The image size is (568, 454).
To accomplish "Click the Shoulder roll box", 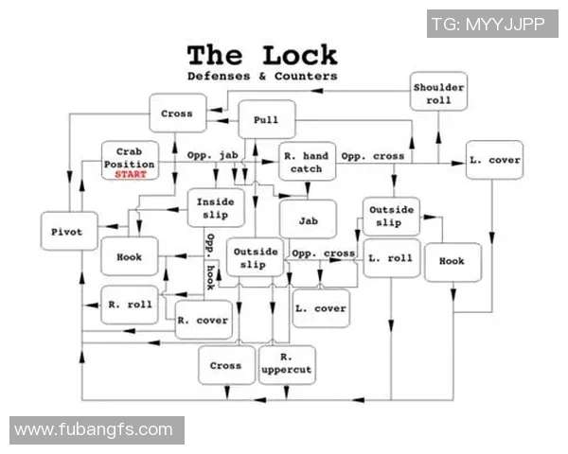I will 438,94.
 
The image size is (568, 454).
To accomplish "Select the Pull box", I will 266,120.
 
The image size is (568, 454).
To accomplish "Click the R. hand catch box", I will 307,163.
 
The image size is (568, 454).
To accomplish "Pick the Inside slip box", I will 215,209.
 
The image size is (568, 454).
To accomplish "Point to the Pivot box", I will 68,231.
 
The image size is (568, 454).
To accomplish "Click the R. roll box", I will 129,305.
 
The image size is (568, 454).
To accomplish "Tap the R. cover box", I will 204,321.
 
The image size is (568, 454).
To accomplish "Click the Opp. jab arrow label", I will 211,154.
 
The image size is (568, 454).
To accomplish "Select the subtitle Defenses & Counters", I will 261,75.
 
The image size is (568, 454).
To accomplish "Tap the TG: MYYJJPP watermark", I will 493,24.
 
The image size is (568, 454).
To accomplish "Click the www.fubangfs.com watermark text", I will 94,430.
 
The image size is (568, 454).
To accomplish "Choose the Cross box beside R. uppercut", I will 225,365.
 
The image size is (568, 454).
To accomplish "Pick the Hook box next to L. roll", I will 452,261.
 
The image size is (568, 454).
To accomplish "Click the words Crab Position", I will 129,157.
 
